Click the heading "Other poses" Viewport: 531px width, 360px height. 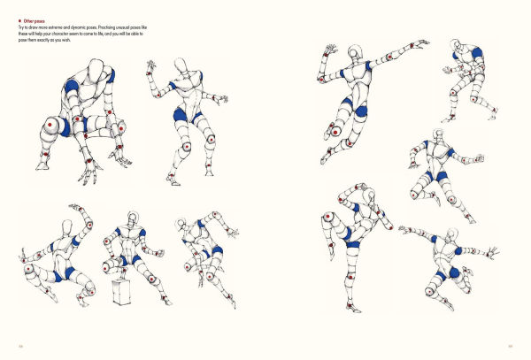[35, 17]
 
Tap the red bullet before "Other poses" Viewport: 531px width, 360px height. [20, 17]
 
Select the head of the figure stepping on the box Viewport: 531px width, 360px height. [133, 218]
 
